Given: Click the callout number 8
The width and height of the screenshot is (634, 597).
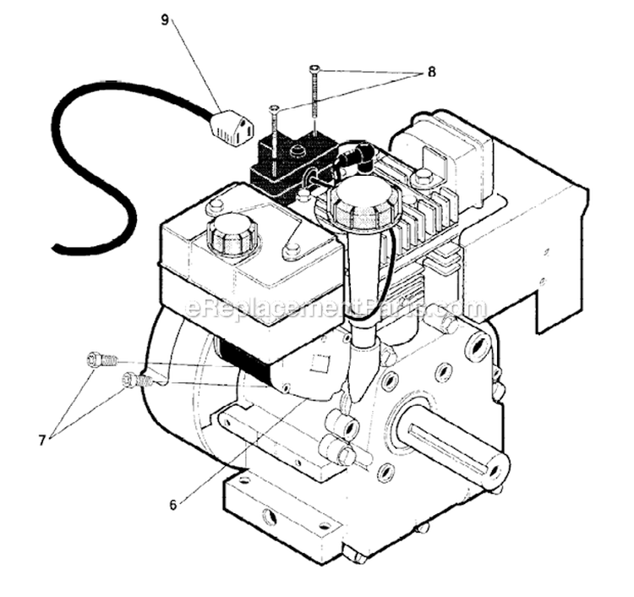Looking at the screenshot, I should [x=431, y=73].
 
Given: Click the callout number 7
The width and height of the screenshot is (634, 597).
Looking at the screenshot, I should [x=41, y=439].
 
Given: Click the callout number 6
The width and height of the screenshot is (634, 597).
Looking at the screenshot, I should [x=173, y=505].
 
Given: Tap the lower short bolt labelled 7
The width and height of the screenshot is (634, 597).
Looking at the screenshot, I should [x=138, y=380].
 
